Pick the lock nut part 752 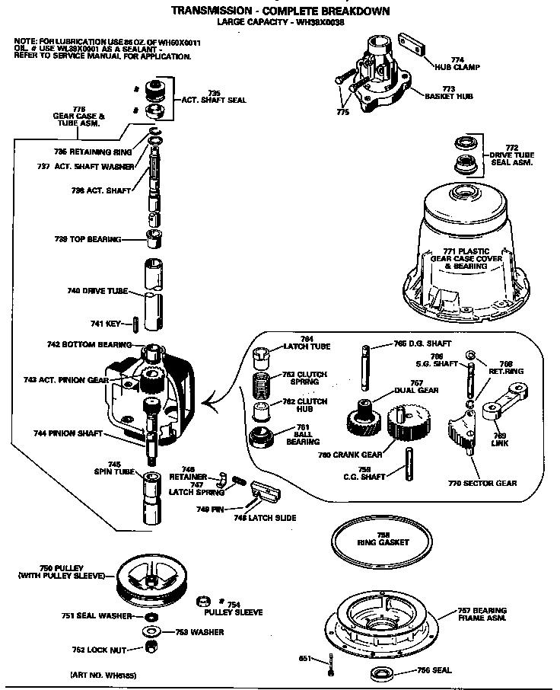[x=151, y=648]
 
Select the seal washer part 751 [x=151, y=616]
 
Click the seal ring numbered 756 [x=380, y=672]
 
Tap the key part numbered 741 [x=134, y=324]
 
